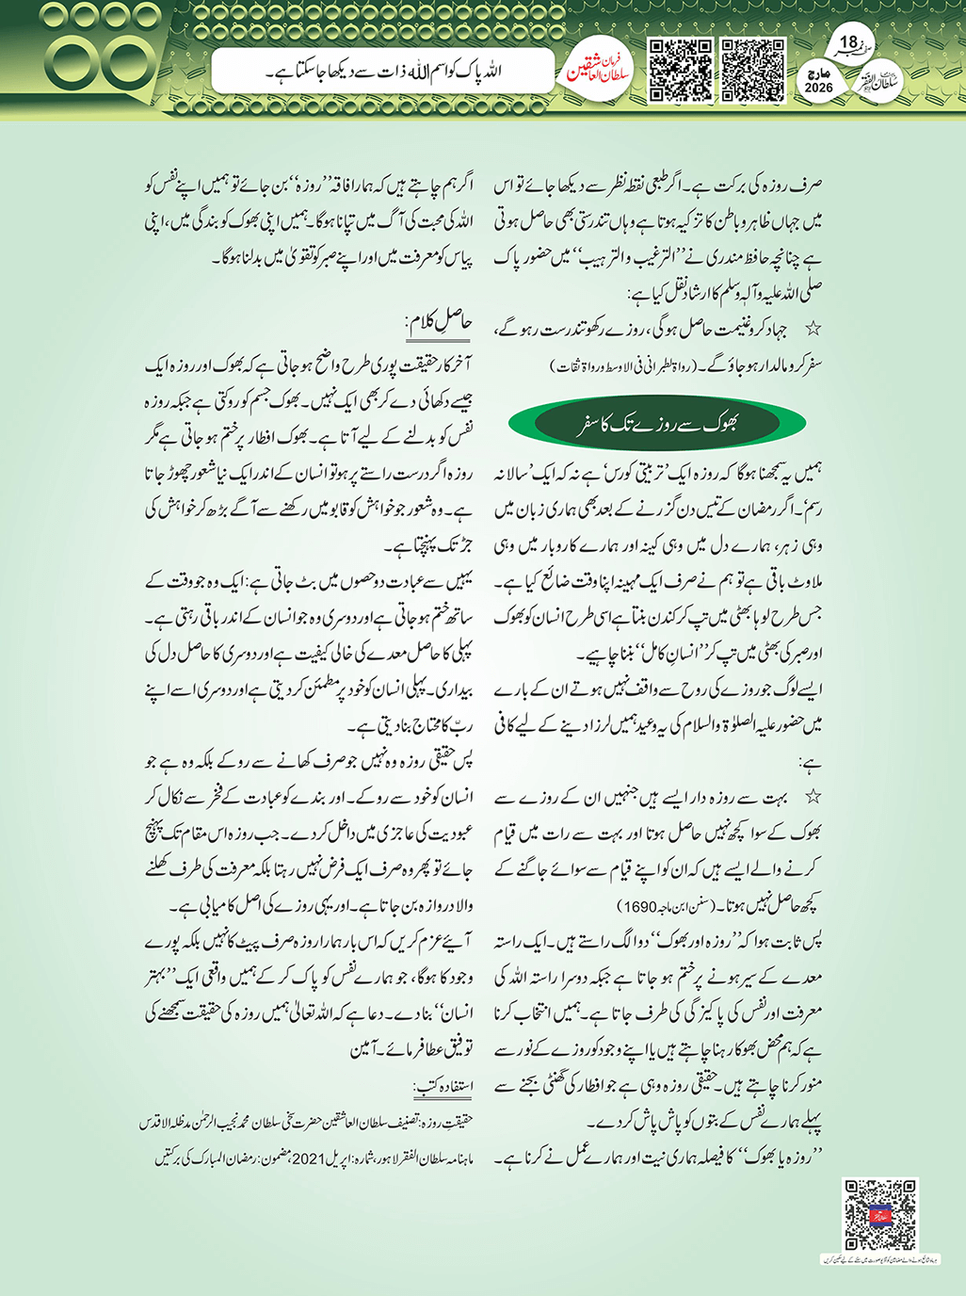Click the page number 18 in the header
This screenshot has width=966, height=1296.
(848, 42)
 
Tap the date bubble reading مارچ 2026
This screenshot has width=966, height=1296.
(819, 81)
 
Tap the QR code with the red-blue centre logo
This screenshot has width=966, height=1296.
(879, 1214)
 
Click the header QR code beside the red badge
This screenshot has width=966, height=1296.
(680, 71)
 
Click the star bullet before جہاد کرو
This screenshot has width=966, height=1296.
(813, 329)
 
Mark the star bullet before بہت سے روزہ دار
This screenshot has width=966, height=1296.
(813, 797)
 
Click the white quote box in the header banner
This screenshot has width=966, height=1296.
(382, 72)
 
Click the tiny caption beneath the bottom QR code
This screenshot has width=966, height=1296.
(879, 1258)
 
